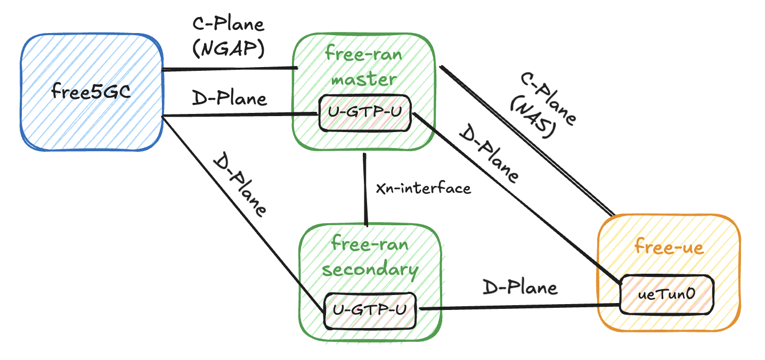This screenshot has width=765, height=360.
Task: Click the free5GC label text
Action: coord(91,92)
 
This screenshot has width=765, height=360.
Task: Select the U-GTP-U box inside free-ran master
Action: coord(365,113)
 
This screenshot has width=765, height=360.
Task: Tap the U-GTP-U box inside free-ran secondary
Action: coord(371,309)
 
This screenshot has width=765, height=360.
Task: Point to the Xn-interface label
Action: coord(424,188)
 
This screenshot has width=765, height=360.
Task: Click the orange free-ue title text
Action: coord(669,247)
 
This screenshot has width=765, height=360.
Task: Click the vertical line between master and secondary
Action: coord(365,189)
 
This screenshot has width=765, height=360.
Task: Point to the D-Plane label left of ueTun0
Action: coord(520,288)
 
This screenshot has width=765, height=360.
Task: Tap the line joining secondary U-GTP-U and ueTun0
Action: coord(519,307)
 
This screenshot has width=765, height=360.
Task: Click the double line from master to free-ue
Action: coord(525,141)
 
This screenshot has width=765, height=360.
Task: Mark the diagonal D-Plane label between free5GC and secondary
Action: coord(239,185)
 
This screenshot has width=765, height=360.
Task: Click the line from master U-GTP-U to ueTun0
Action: coord(514,197)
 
